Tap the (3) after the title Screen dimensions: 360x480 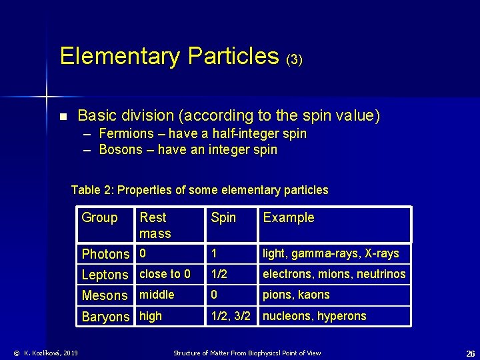(x=294, y=59)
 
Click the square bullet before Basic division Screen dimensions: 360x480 (x=63, y=117)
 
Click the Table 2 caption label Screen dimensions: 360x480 (x=93, y=190)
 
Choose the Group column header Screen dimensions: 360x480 (x=99, y=217)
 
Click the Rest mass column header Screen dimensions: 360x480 (x=155, y=225)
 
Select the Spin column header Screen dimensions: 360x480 (x=223, y=217)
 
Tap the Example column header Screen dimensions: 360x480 (x=289, y=217)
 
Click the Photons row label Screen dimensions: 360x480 (x=105, y=254)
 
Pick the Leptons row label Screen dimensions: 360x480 (x=105, y=275)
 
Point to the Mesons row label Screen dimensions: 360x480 (x=104, y=295)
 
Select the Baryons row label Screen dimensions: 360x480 (x=105, y=317)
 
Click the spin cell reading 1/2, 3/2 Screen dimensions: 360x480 (x=231, y=316)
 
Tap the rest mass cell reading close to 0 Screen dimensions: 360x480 (x=165, y=274)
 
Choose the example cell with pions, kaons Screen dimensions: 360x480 (x=296, y=295)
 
